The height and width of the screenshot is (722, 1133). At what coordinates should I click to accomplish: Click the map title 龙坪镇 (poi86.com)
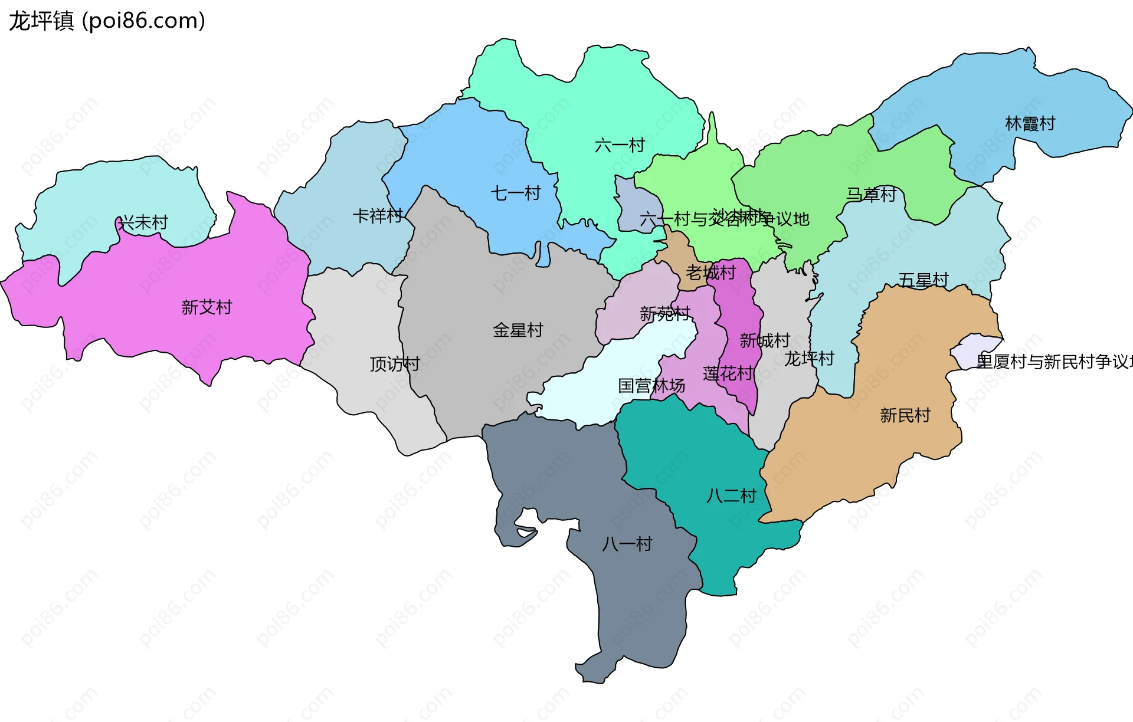(x=107, y=21)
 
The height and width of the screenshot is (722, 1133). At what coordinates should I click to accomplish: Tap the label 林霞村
(x=1030, y=124)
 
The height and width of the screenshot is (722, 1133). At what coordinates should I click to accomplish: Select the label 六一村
(x=620, y=145)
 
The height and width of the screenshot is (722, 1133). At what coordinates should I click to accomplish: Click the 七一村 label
(x=515, y=193)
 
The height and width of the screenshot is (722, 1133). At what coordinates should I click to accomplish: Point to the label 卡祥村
(x=378, y=216)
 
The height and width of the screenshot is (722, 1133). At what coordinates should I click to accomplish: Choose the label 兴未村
(x=143, y=223)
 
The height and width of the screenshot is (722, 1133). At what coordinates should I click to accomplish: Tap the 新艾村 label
(x=207, y=307)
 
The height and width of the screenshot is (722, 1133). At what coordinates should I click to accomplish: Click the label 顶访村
(x=394, y=364)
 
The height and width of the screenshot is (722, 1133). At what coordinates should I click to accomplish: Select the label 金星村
(x=518, y=330)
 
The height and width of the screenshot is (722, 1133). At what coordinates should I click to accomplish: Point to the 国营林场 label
(x=651, y=386)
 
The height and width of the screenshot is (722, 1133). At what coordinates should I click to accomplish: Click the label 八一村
(x=627, y=544)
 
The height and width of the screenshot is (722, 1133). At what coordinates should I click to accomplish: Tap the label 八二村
(x=731, y=495)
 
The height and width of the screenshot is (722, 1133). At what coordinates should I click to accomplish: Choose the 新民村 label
(x=905, y=415)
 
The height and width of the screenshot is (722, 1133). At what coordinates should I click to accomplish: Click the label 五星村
(x=924, y=280)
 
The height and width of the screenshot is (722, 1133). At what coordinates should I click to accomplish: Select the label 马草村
(x=871, y=194)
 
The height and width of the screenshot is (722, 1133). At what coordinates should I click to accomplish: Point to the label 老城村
(x=710, y=273)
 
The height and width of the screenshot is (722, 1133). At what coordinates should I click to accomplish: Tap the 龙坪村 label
(x=808, y=358)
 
